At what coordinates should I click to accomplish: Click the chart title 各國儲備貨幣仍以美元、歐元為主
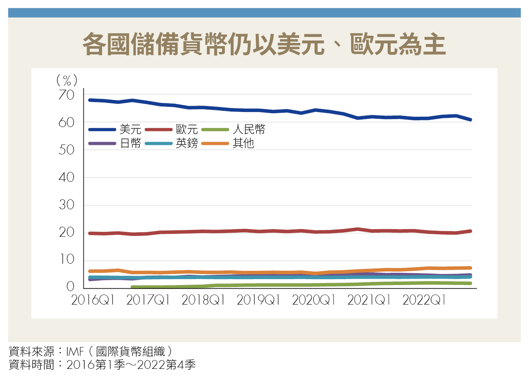264,44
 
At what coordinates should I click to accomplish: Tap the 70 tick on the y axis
66,95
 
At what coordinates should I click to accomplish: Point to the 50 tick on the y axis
66,150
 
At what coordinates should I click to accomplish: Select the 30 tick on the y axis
66,205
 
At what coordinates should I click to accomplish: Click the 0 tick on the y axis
70,287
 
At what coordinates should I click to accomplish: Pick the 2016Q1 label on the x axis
93,300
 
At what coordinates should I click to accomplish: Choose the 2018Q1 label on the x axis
203,300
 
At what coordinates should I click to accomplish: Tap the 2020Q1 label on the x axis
314,300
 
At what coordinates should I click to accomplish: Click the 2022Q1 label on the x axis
424,300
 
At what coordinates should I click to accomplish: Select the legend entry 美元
130,129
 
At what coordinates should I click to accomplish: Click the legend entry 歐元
187,129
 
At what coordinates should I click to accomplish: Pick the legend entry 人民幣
249,129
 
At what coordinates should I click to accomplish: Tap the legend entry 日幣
130,143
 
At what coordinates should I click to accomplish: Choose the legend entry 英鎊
187,143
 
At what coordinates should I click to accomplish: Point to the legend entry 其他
243,143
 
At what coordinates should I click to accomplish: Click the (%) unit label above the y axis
66,81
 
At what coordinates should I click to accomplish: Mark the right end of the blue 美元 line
470,120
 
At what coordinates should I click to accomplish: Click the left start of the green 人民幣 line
133,287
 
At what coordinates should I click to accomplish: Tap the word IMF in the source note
75,352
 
